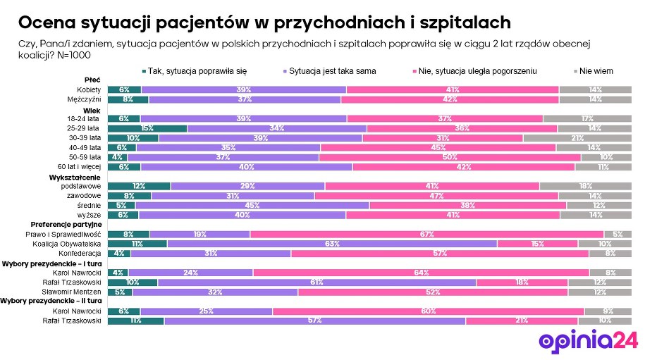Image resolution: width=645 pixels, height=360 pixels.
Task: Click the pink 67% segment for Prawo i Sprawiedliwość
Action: (x=426, y=234)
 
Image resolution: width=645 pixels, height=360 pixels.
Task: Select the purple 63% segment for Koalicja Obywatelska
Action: (x=331, y=244)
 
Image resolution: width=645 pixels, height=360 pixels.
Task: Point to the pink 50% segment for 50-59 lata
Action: (x=449, y=157)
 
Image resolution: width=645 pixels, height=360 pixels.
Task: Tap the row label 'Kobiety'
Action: (x=89, y=90)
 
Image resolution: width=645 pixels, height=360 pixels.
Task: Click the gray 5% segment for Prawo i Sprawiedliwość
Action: (x=617, y=234)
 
